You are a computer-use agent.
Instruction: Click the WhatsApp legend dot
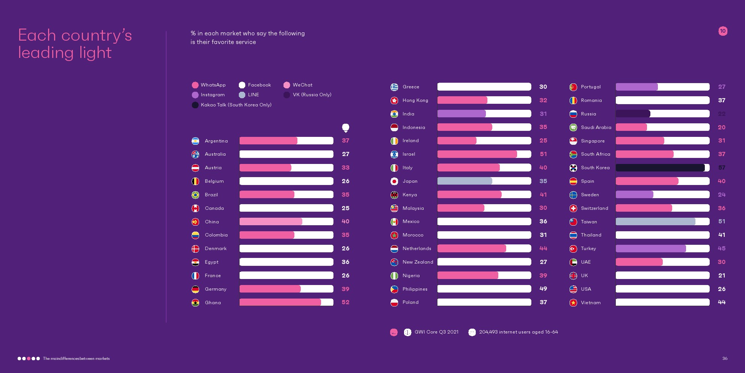(195, 85)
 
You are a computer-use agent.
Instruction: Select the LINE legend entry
(253, 95)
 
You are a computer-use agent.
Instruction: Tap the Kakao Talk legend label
(236, 105)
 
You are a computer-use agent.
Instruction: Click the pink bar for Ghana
(280, 302)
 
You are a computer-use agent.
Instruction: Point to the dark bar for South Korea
(660, 168)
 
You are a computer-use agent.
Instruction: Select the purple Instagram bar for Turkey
(651, 249)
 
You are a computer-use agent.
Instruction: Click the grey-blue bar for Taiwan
(655, 222)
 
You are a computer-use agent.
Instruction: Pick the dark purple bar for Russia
(633, 114)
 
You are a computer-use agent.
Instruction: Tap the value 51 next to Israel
(543, 154)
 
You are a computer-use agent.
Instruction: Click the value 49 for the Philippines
(543, 289)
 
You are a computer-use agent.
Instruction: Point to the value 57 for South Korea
(722, 168)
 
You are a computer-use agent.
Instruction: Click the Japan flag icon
(394, 181)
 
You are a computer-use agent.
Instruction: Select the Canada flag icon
(195, 208)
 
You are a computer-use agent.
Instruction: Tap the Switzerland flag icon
(573, 208)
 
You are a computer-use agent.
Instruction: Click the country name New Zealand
(418, 262)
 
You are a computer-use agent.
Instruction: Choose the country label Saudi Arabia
(596, 127)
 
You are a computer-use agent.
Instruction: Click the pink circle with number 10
(723, 31)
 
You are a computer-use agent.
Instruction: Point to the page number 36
(725, 358)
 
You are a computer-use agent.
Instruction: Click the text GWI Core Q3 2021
(436, 332)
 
